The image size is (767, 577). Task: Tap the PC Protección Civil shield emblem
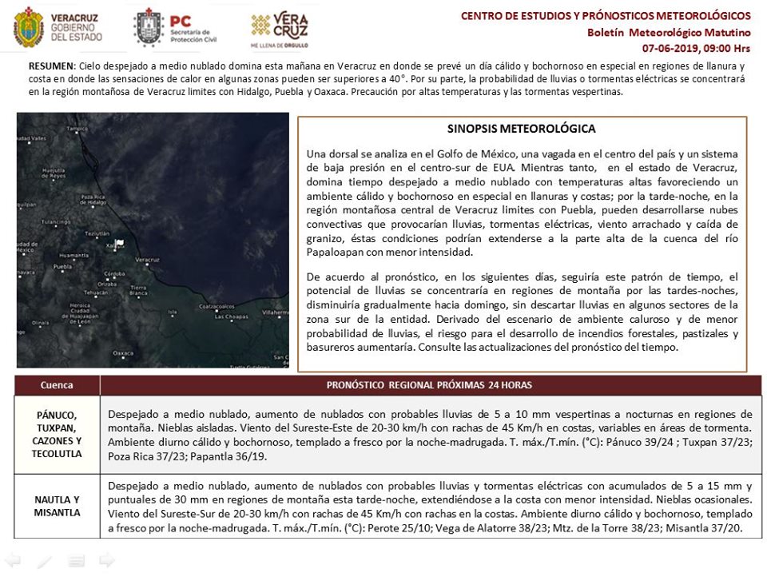click(x=149, y=28)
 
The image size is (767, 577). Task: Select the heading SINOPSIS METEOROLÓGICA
click(x=522, y=129)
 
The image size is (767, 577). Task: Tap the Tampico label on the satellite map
click(x=77, y=128)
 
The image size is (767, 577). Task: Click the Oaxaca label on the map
click(x=122, y=352)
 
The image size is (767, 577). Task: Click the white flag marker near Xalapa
click(x=120, y=244)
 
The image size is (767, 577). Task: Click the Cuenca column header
click(x=57, y=385)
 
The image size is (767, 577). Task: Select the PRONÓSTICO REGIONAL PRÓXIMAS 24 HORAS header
click(x=430, y=385)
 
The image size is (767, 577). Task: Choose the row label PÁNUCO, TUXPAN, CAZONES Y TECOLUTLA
click(x=57, y=434)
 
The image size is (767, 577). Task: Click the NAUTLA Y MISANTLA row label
click(x=57, y=506)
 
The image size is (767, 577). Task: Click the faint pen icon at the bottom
click(x=45, y=561)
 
